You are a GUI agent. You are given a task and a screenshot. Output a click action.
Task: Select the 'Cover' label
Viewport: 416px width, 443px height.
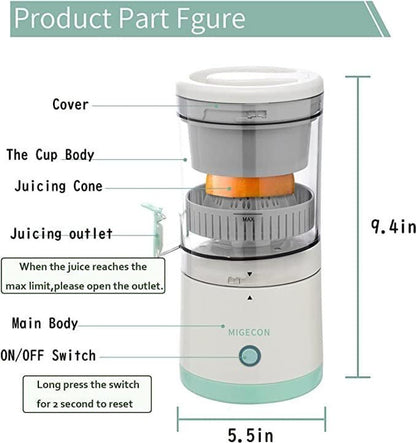tap(70, 105)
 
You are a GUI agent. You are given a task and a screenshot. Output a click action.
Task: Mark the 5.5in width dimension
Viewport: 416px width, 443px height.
tap(250, 436)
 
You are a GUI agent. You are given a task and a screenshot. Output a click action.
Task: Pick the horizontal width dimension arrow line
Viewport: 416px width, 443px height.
tap(250, 412)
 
